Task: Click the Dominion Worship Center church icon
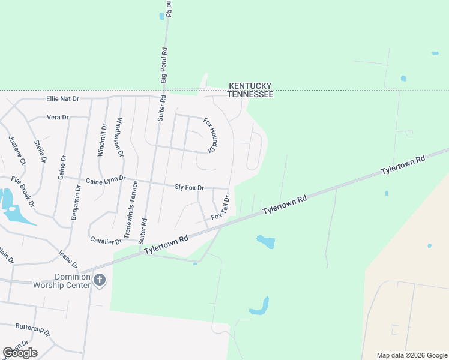pyautogui.click(x=100, y=280)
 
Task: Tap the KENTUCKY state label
pyautogui.click(x=250, y=86)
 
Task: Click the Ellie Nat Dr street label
pyautogui.click(x=63, y=98)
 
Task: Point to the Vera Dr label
pyautogui.click(x=58, y=118)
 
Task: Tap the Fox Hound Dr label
pyautogui.click(x=209, y=134)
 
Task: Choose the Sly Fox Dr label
pyautogui.click(x=189, y=188)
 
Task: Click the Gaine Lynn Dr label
pyautogui.click(x=106, y=179)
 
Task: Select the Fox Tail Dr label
pyautogui.click(x=220, y=208)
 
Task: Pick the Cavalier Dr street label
pyautogui.click(x=106, y=240)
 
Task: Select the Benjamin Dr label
pyautogui.click(x=76, y=202)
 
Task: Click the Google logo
pyautogui.click(x=20, y=353)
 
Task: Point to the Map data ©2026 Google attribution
pyautogui.click(x=412, y=355)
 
